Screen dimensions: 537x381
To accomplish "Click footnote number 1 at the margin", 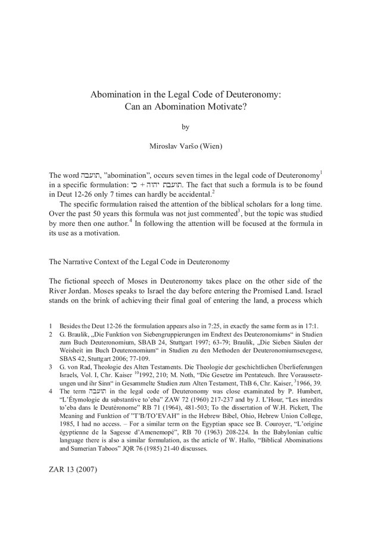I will tap(51, 327).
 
